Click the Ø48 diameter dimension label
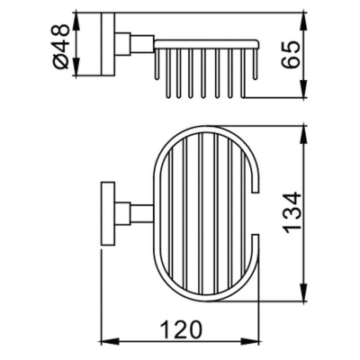coord(61,44)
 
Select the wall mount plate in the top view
coord(105,216)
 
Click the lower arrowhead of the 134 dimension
coord(301,296)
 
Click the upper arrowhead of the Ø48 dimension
coord(76,17)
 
